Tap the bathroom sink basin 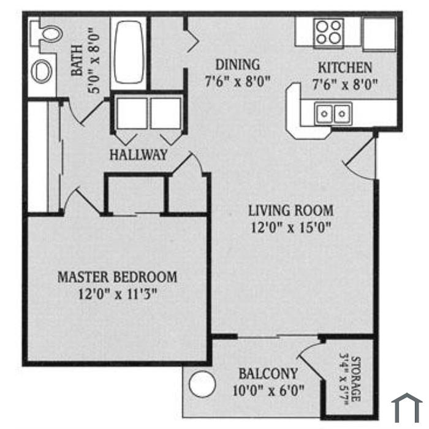[x=42, y=71]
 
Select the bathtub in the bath [x=129, y=52]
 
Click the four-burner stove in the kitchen [x=328, y=33]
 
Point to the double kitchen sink [x=333, y=113]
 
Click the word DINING [x=238, y=65]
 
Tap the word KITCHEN [x=345, y=68]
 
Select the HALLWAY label [x=139, y=154]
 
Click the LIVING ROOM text [x=291, y=211]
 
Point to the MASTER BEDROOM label [x=118, y=277]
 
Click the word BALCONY [x=268, y=374]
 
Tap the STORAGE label [x=355, y=379]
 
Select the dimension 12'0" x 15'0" [x=291, y=227]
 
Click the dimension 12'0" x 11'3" [x=118, y=294]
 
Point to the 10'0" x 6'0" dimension [x=268, y=390]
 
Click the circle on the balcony [x=202, y=384]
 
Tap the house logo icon [x=407, y=408]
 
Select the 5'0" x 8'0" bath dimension [x=94, y=60]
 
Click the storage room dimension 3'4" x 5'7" [x=344, y=379]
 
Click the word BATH [x=77, y=60]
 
